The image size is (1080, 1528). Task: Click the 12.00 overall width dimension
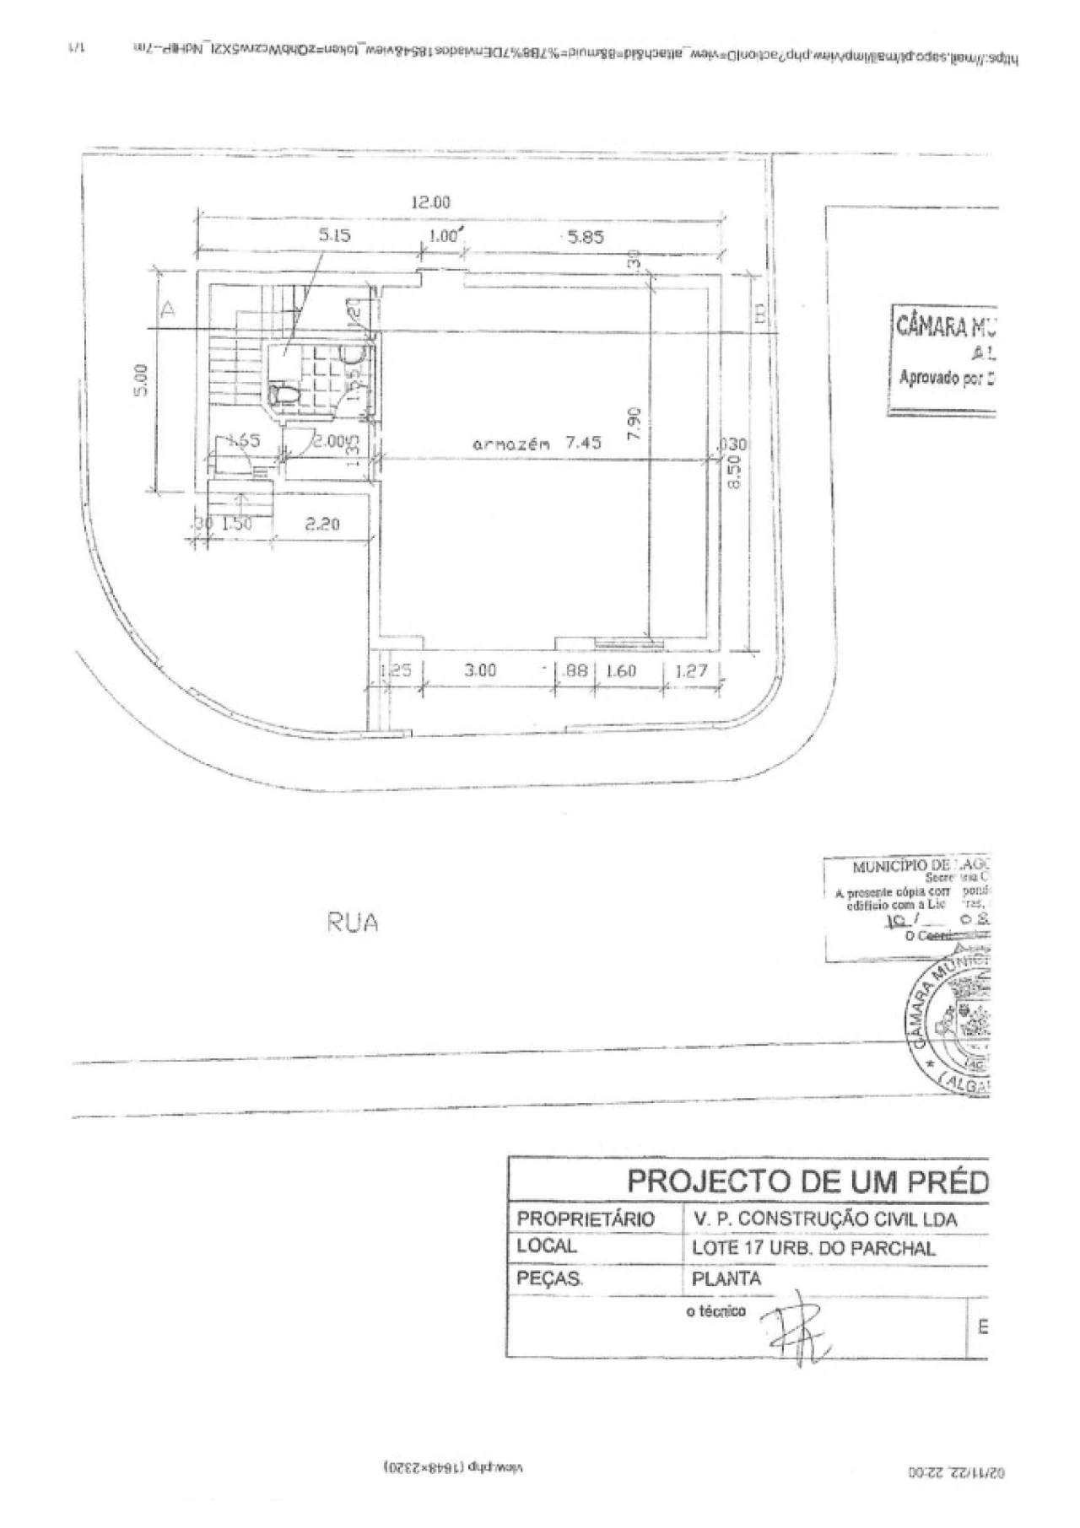(430, 202)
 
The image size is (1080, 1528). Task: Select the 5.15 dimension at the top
(334, 236)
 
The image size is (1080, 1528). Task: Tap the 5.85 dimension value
(586, 238)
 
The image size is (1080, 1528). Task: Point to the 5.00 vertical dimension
(142, 379)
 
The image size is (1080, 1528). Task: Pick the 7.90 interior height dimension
(637, 423)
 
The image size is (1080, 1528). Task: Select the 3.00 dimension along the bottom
(481, 671)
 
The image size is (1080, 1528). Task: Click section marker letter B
(759, 315)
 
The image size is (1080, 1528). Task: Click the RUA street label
(352, 923)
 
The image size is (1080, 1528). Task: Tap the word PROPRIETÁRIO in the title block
(586, 1219)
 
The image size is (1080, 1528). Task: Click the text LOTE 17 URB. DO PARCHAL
(813, 1249)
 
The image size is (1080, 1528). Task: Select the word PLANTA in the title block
(726, 1278)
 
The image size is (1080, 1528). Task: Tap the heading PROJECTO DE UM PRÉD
(807, 1181)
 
